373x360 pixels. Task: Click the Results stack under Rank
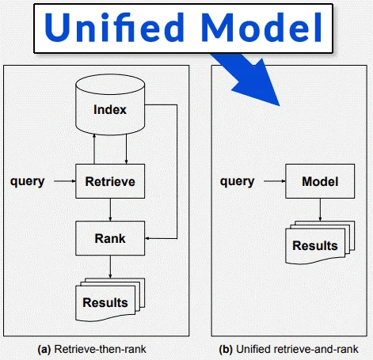click(x=108, y=301)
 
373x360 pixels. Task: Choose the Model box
click(x=319, y=181)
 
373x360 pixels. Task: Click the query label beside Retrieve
click(x=27, y=181)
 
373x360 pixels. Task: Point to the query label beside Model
click(x=237, y=181)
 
